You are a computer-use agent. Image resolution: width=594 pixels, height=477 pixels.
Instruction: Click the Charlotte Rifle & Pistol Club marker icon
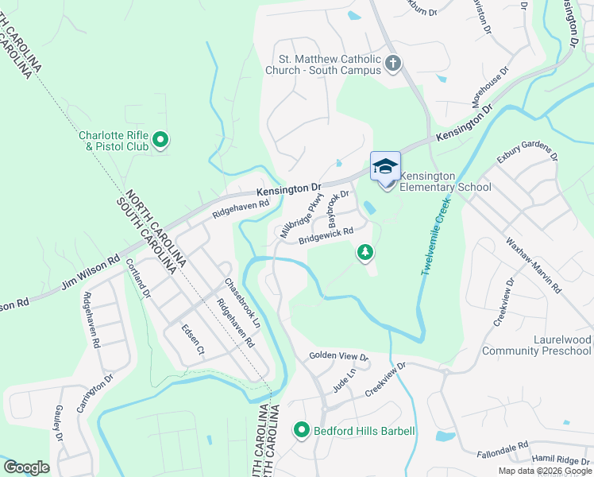pos(160,141)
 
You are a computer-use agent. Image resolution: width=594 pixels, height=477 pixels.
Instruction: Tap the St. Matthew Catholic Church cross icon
pos(391,63)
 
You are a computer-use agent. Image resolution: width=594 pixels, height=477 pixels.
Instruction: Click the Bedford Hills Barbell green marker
pos(302,431)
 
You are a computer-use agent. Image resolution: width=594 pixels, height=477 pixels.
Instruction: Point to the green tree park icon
pos(365,253)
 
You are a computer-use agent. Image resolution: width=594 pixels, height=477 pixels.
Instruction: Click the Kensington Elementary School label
pos(445,181)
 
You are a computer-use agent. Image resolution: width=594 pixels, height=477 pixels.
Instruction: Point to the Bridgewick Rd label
pos(326,238)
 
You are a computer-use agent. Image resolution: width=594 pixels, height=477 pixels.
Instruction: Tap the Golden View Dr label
pos(339,356)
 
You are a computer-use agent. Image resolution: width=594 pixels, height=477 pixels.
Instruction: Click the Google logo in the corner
pos(26,467)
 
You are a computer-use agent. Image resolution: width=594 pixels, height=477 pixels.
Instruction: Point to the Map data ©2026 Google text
pos(544,471)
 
